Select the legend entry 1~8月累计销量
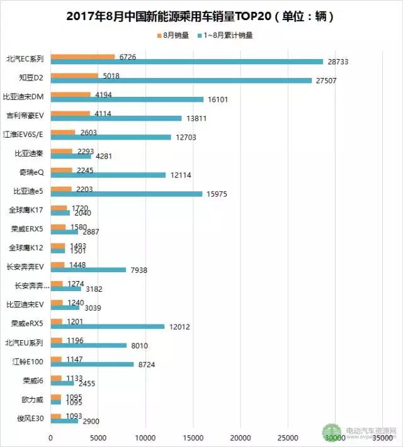229,36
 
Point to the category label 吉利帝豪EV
25,115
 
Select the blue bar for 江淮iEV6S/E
111,136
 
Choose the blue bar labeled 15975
127,194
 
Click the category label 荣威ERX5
27,228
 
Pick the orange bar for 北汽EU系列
57,340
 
